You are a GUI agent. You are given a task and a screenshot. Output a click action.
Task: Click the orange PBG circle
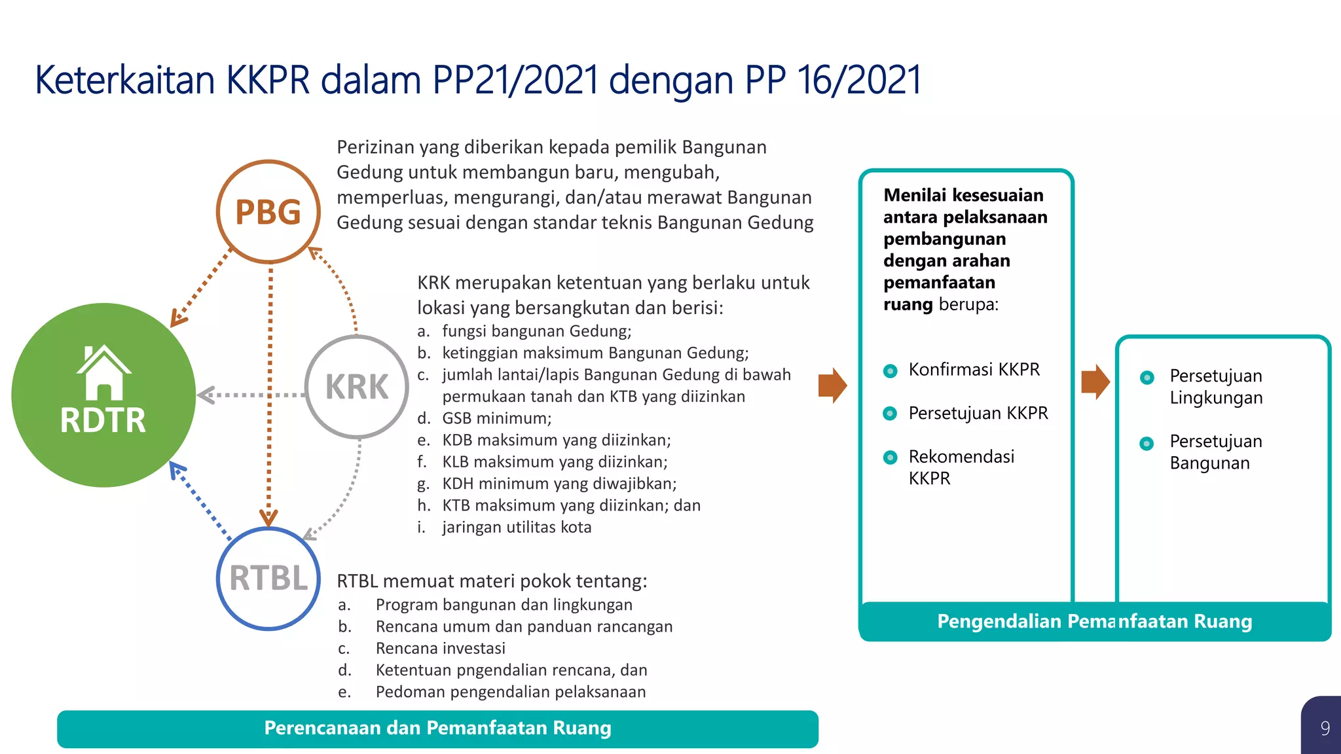pos(268,211)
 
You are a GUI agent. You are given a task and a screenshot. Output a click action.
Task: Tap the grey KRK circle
pos(357,386)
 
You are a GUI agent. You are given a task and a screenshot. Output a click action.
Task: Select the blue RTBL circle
pos(268,578)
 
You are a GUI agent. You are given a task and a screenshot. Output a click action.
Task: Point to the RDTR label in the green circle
pos(103,420)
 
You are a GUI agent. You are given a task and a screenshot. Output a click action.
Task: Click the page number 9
pos(1325,728)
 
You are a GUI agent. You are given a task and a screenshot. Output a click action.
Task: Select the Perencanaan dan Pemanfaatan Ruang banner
pos(437,728)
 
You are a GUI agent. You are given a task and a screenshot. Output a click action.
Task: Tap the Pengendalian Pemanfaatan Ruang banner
pos(1094,621)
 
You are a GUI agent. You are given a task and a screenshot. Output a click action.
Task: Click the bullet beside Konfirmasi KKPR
pos(890,371)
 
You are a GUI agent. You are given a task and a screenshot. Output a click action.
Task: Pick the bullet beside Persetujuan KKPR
pos(890,414)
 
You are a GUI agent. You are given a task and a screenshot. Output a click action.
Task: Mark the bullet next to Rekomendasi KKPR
pos(890,458)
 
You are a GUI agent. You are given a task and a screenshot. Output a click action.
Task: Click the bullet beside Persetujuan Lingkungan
pos(1147,378)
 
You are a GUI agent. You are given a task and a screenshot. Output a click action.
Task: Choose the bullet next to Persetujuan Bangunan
pos(1147,443)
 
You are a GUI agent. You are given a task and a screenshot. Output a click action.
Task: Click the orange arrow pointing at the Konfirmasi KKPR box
pos(832,386)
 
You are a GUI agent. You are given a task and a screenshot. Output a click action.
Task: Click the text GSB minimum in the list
pos(496,418)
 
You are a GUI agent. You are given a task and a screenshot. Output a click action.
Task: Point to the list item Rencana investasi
pos(440,648)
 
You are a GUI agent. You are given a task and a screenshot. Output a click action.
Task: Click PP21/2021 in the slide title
pos(515,80)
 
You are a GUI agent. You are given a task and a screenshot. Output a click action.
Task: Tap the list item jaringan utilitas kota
pos(516,527)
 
